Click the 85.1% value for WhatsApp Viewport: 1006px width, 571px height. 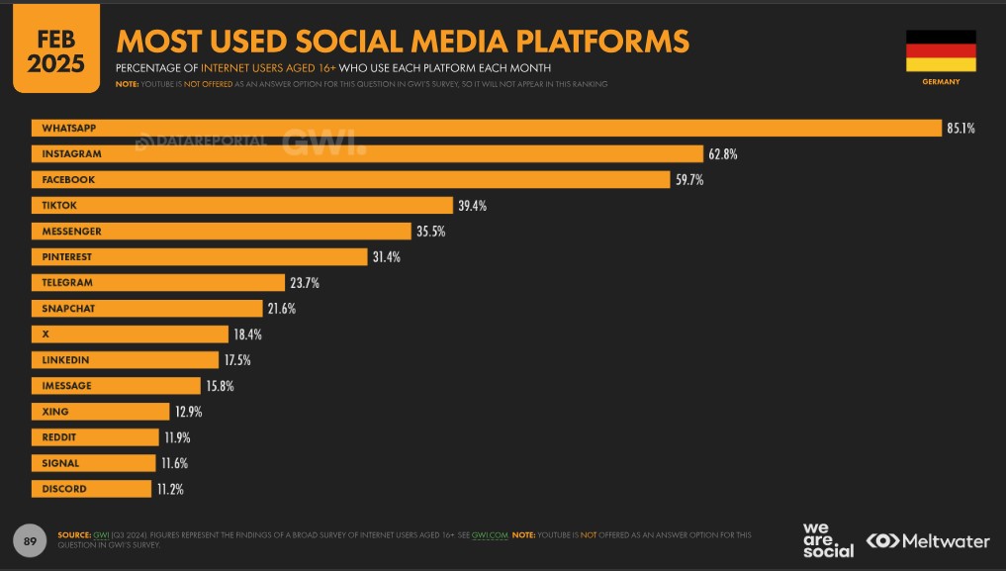pyautogui.click(x=960, y=129)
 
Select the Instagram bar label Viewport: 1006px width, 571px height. pyautogui.click(x=71, y=154)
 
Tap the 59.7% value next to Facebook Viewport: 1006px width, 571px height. pyautogui.click(x=689, y=180)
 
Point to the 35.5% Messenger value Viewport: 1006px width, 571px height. pyautogui.click(x=430, y=232)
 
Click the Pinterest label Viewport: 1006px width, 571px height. pyautogui.click(x=66, y=257)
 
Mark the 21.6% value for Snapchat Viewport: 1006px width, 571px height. pyautogui.click(x=281, y=309)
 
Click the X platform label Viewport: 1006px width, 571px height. pyautogui.click(x=46, y=334)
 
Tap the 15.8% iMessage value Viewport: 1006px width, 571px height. pyautogui.click(x=220, y=386)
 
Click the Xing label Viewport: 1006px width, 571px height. pyautogui.click(x=55, y=412)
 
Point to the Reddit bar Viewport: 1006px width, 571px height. pyautogui.click(x=95, y=437)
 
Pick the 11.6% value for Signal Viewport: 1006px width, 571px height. pyautogui.click(x=174, y=463)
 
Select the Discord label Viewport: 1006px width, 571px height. pyautogui.click(x=63, y=489)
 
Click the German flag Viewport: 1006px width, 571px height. pyautogui.click(x=940, y=50)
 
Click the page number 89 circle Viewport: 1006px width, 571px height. pyautogui.click(x=30, y=541)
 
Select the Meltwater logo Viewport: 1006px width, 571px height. pyautogui.click(x=927, y=541)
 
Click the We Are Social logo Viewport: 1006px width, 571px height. pyautogui.click(x=827, y=539)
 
